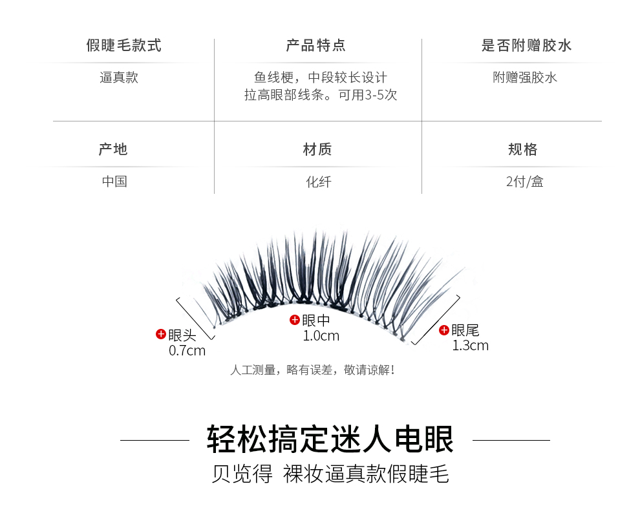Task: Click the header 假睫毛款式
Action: click(123, 46)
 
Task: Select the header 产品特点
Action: click(316, 46)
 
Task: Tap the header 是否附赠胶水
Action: click(526, 46)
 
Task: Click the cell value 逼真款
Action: click(119, 78)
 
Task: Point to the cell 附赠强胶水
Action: click(525, 78)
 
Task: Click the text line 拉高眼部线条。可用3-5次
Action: click(321, 95)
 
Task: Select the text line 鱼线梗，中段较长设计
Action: click(321, 78)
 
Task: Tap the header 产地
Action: click(113, 150)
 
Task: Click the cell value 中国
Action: click(114, 182)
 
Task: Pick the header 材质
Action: click(317, 150)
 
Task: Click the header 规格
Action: click(523, 150)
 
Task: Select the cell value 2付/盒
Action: click(525, 182)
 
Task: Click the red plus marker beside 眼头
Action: click(161, 334)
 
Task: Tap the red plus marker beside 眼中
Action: click(295, 319)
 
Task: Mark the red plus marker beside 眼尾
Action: click(444, 330)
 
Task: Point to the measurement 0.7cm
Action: click(187, 351)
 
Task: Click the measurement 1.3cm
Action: click(470, 346)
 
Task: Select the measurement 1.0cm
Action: click(321, 335)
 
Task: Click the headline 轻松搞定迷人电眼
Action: click(330, 439)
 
